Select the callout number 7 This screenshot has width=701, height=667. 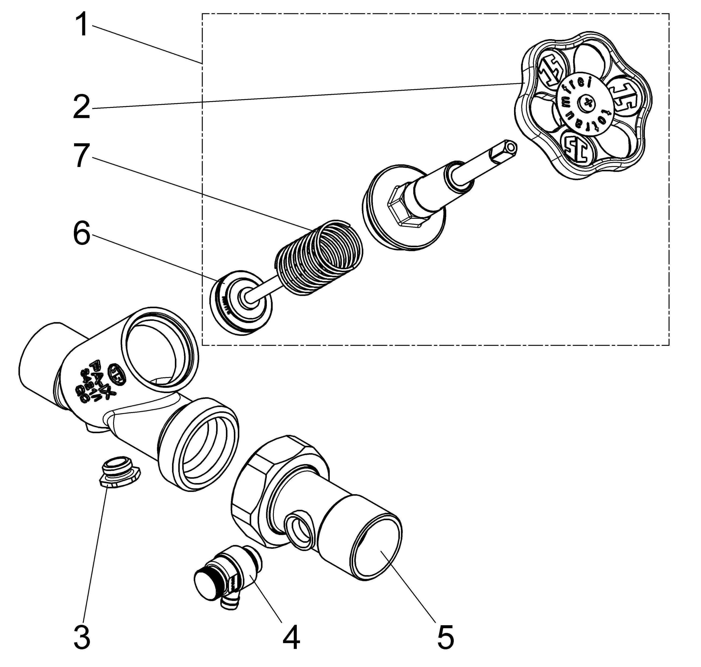click(x=82, y=155)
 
